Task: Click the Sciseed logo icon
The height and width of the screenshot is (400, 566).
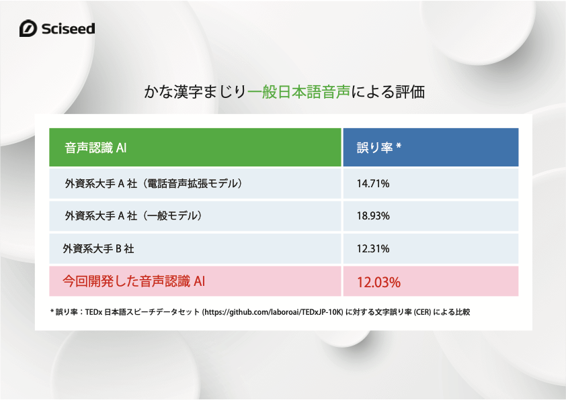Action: (28, 28)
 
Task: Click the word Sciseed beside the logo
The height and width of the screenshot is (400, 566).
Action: (68, 29)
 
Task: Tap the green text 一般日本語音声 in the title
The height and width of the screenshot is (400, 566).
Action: (299, 92)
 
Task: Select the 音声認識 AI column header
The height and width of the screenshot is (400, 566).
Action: (95, 148)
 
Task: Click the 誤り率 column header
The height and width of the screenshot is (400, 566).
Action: (374, 148)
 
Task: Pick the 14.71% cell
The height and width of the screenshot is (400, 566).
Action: (373, 184)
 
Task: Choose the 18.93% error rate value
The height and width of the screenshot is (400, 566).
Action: (373, 216)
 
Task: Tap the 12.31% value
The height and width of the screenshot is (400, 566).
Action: (373, 248)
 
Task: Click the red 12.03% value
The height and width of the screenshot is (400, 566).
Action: (378, 282)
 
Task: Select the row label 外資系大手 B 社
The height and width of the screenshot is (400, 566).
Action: (98, 248)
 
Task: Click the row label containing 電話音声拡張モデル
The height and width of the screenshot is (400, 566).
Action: (153, 184)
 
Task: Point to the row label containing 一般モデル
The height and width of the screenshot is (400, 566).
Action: (133, 216)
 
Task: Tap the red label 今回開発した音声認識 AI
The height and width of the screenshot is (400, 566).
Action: (134, 281)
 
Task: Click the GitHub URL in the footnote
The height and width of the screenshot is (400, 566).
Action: (272, 312)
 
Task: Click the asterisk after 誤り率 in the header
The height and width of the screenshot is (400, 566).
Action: (399, 146)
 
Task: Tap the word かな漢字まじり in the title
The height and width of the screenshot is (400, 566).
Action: (195, 92)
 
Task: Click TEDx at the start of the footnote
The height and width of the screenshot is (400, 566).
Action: (94, 312)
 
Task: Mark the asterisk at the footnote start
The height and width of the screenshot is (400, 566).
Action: (52, 311)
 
